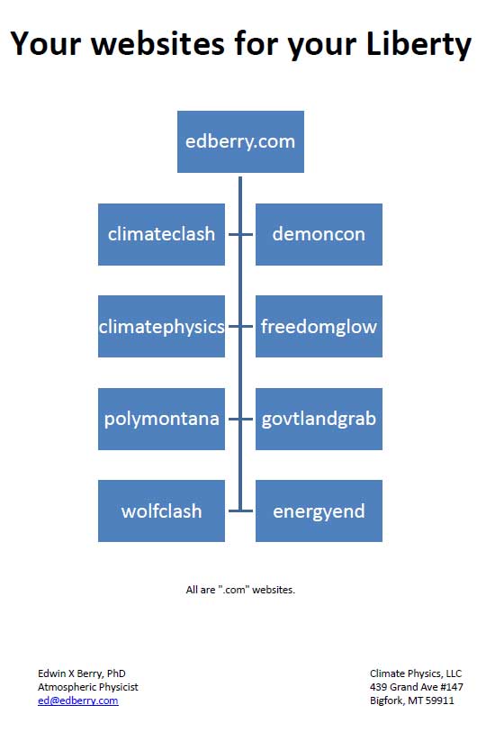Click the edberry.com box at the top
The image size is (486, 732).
click(x=240, y=141)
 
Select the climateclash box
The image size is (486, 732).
click(x=161, y=234)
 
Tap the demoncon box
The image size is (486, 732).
click(x=319, y=234)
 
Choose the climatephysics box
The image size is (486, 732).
click(x=161, y=326)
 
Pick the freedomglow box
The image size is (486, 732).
click(x=319, y=326)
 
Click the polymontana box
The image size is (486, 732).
click(x=161, y=419)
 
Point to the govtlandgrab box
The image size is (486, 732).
click(x=319, y=419)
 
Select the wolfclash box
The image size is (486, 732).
click(x=161, y=511)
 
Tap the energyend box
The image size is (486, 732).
click(x=319, y=511)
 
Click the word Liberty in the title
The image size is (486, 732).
click(x=418, y=44)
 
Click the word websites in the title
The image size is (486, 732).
click(x=158, y=43)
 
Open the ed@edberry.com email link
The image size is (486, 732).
click(x=78, y=700)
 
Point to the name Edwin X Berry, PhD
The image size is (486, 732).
click(x=82, y=673)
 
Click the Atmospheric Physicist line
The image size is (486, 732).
click(x=88, y=687)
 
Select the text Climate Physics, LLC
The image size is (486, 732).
click(x=416, y=673)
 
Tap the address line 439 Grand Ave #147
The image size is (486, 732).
click(x=417, y=687)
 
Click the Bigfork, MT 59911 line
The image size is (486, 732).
click(x=412, y=700)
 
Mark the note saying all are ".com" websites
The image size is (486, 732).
click(x=240, y=590)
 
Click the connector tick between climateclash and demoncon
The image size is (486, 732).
click(x=240, y=234)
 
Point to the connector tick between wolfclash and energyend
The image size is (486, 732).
click(x=240, y=511)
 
